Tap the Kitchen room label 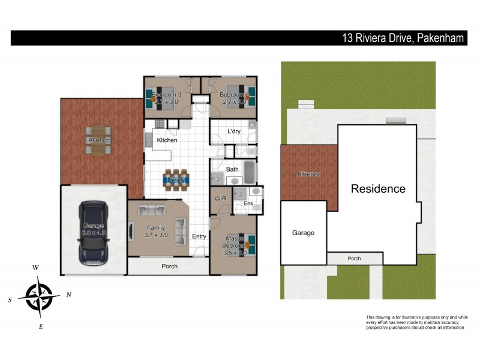[167, 140]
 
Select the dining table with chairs [176, 179]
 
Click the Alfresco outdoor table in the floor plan [98, 140]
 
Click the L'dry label [234, 132]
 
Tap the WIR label [220, 199]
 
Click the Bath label [232, 169]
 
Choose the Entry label [199, 236]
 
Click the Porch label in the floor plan [169, 266]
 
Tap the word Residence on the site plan [378, 189]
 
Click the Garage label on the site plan [303, 233]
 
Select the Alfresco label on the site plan [309, 174]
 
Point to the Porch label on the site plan [354, 259]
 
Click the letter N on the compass [69, 295]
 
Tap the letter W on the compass [36, 268]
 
